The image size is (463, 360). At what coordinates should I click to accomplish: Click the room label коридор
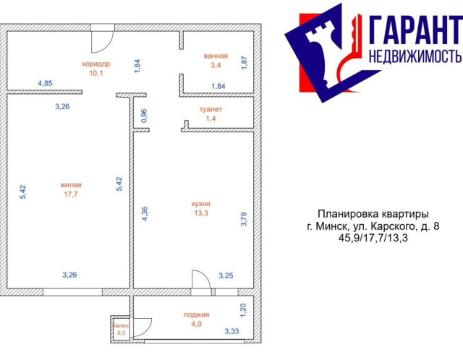[x=96, y=64]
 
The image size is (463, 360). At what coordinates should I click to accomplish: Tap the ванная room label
[x=216, y=56]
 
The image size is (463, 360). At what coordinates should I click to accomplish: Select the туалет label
[x=211, y=109]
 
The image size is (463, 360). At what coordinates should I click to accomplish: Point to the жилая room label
[x=71, y=185]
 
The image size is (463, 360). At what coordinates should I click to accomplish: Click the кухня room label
[x=201, y=204]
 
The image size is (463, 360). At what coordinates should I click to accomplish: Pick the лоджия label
[x=196, y=314]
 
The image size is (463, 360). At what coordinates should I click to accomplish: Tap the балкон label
[x=121, y=326]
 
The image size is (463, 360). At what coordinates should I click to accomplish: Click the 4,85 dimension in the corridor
[x=45, y=83]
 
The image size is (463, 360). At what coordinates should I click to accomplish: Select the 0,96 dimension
[x=144, y=116]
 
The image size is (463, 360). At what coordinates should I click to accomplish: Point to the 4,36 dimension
[x=145, y=214]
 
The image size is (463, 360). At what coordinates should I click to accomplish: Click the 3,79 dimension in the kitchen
[x=244, y=219]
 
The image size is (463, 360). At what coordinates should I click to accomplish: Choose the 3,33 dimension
[x=231, y=331]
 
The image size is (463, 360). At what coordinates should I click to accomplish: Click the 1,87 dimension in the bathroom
[x=245, y=63]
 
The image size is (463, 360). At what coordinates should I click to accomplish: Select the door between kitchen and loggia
[x=201, y=279]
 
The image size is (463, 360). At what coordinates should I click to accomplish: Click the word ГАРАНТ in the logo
[x=415, y=30]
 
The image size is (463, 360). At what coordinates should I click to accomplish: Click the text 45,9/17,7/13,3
[x=373, y=238]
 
